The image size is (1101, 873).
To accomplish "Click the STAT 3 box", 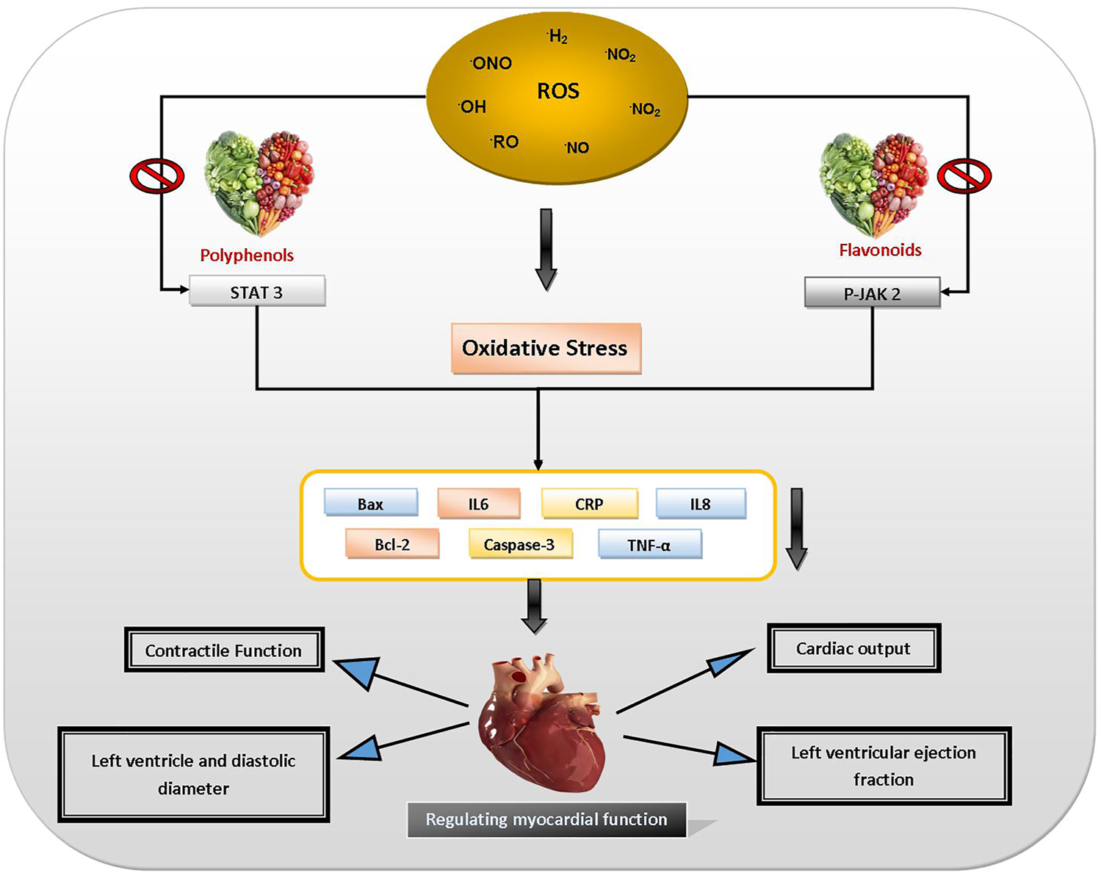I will point(257,291).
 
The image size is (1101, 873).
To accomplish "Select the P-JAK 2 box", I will point(872,294).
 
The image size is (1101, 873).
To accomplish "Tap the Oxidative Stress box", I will point(545,348).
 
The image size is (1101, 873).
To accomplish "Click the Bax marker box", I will point(371,504).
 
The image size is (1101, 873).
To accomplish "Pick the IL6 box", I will point(478,504).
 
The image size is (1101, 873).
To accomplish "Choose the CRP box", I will point(589,504).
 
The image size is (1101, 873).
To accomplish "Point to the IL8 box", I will point(700,504).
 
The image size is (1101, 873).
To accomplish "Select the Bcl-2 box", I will point(392,545).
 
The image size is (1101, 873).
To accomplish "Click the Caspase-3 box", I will point(519,545).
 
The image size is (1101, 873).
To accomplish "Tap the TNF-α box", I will point(649,545).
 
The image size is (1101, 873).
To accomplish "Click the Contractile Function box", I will point(224,650).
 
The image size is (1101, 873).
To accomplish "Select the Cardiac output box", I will point(853,648).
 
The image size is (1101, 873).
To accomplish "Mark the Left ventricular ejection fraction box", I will point(884,766).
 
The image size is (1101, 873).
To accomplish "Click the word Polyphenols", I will point(247,255).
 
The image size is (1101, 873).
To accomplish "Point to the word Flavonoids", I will point(880,250).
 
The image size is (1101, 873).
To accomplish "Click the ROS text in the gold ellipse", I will point(558,91).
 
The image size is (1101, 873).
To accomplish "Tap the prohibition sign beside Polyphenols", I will point(156,176).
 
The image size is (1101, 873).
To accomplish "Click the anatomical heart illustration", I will point(542,723).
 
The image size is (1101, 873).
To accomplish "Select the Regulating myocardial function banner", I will point(546,819).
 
